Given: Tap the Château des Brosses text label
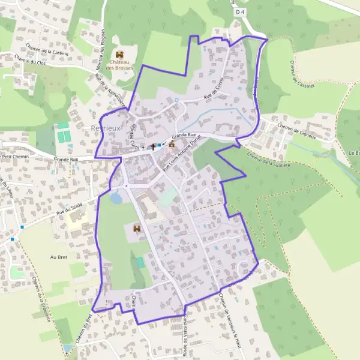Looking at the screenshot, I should point(118,65).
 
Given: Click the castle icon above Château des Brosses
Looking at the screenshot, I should point(118,55).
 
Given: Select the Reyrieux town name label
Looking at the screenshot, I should point(105,128).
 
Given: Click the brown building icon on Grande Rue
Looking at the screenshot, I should point(172,144).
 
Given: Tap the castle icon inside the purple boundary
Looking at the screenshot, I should point(137,229).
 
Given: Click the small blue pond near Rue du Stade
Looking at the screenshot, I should point(116,197).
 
